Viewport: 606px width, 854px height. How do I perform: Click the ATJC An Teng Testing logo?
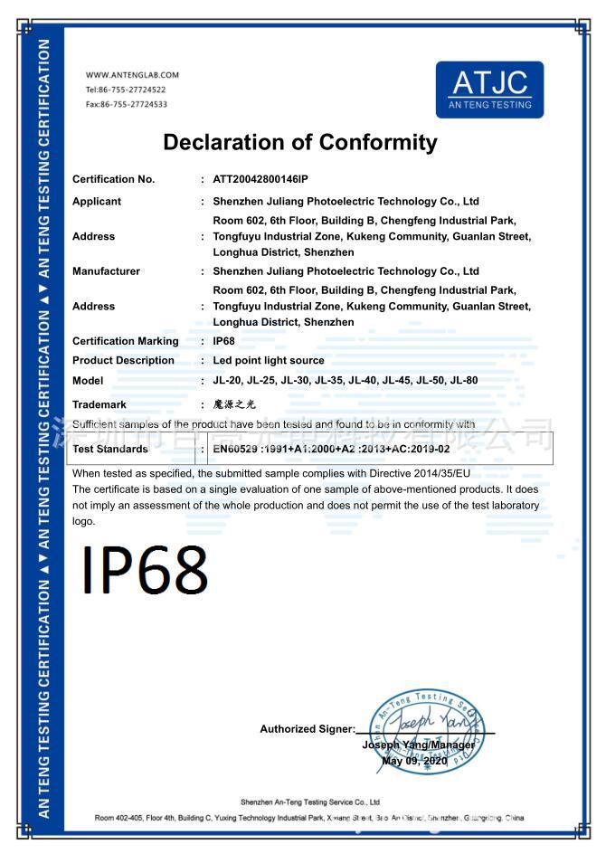point(489,90)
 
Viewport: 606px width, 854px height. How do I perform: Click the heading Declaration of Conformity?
point(299,142)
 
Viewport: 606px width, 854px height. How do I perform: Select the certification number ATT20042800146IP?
point(260,179)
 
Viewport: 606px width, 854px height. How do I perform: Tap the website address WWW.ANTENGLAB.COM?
point(132,75)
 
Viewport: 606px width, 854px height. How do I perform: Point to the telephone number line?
point(126,90)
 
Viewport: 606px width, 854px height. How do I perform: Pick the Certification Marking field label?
point(125,341)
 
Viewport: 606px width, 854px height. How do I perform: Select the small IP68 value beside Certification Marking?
point(223,341)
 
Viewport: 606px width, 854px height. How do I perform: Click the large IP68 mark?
point(145,570)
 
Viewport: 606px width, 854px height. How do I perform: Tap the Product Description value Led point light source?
point(268,360)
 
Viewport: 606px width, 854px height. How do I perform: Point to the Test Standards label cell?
point(109,449)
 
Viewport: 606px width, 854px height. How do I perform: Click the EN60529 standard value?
point(331,449)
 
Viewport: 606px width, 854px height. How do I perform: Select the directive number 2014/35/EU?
point(438,473)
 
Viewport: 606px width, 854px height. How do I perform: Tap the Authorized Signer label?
point(307,729)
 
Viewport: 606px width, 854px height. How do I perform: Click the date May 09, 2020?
point(414,761)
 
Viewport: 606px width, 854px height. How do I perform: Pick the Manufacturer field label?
point(106,271)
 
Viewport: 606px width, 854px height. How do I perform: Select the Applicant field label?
point(96,202)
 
